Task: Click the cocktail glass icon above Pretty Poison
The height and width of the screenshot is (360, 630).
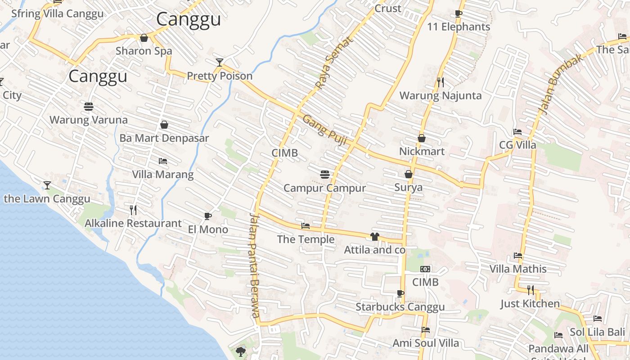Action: pyautogui.click(x=219, y=63)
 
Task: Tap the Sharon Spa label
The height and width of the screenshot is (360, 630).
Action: pyautogui.click(x=144, y=51)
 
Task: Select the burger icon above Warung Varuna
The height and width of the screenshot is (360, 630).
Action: pyautogui.click(x=89, y=107)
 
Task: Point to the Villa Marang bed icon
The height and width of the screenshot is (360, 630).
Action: pyautogui.click(x=163, y=161)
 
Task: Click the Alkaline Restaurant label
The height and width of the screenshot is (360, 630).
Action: pyautogui.click(x=133, y=223)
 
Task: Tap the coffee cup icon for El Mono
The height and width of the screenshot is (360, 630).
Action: pyautogui.click(x=207, y=216)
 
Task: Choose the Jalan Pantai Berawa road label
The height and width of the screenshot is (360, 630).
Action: pyautogui.click(x=255, y=265)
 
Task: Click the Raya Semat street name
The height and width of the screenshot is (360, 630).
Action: pyautogui.click(x=334, y=63)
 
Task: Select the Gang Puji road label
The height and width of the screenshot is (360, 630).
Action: pyautogui.click(x=324, y=130)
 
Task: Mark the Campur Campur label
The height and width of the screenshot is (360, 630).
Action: pyautogui.click(x=324, y=188)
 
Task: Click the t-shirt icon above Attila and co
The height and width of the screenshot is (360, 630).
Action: pyautogui.click(x=374, y=237)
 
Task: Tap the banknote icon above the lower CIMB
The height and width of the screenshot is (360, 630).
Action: pyautogui.click(x=425, y=269)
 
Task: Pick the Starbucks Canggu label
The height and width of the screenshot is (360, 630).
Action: pyautogui.click(x=400, y=307)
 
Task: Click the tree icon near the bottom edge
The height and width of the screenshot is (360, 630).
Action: pyautogui.click(x=241, y=351)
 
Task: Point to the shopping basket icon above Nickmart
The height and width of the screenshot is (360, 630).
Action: pyautogui.click(x=422, y=138)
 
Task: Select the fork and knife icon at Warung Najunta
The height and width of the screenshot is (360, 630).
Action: pyautogui.click(x=441, y=82)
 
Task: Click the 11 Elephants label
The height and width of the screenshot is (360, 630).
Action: pyautogui.click(x=458, y=27)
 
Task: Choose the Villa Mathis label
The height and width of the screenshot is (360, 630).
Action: pyautogui.click(x=518, y=269)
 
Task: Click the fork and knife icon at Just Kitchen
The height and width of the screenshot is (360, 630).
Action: pyautogui.click(x=531, y=290)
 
